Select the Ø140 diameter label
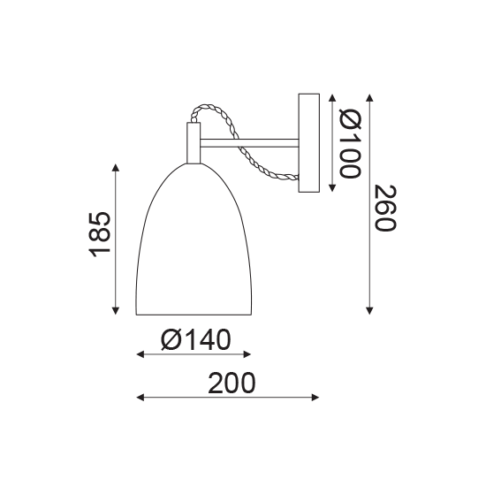pyautogui.click(x=196, y=339)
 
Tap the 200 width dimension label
pyautogui.click(x=232, y=383)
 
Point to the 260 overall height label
pyautogui.click(x=385, y=208)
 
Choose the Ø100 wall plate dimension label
pyautogui.click(x=350, y=143)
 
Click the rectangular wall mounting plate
pyautogui.click(x=308, y=143)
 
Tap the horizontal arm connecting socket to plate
pyautogui.click(x=249, y=143)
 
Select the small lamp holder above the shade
pyautogui.click(x=194, y=143)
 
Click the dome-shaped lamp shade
pyautogui.click(x=194, y=239)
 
